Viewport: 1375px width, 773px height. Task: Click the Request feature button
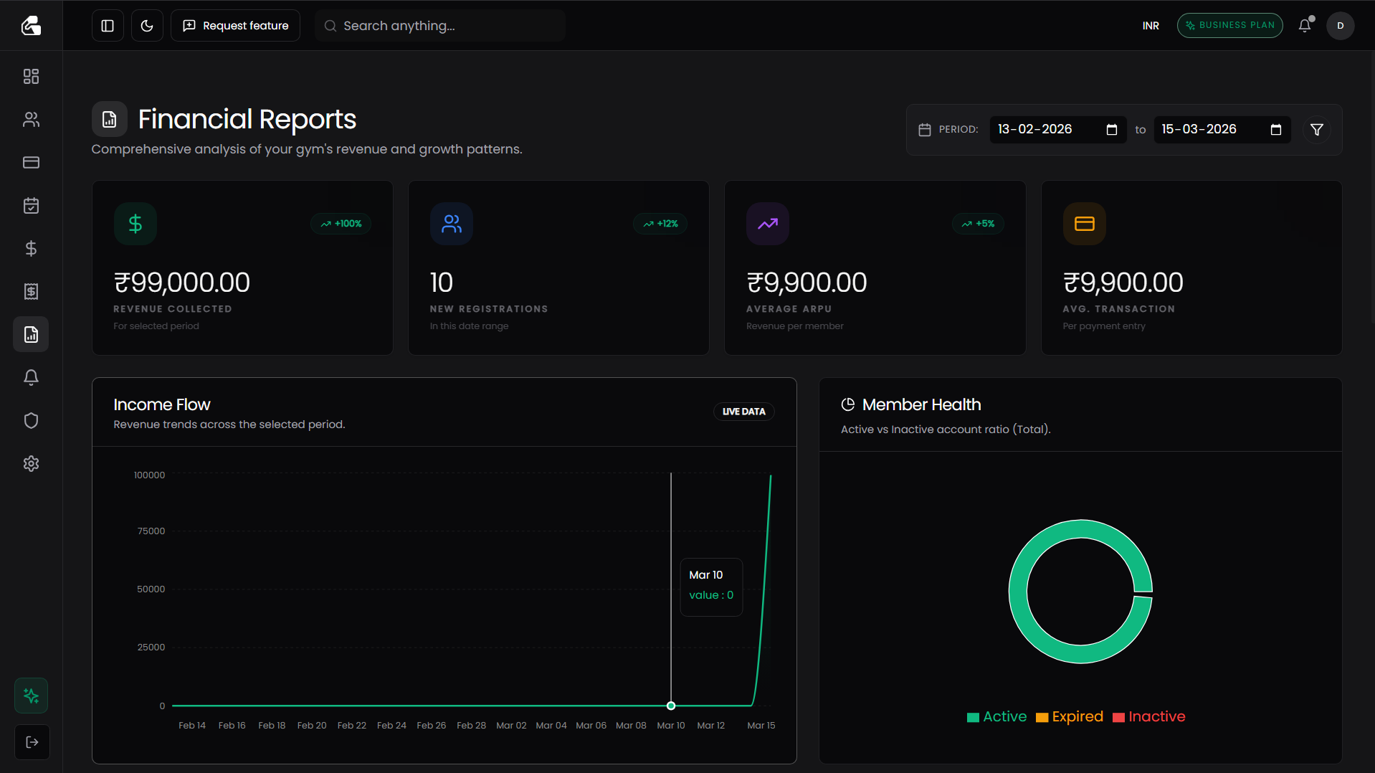[x=235, y=26]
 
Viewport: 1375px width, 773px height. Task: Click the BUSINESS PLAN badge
[x=1229, y=25]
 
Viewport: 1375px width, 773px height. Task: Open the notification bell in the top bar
[x=1305, y=26]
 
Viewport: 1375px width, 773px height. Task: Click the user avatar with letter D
[x=1340, y=26]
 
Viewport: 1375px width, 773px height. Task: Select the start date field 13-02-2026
[x=1047, y=129]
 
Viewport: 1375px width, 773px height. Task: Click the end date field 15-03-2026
[x=1212, y=129]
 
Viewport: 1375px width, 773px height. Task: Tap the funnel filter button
[x=1316, y=130]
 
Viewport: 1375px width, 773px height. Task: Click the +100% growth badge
[x=341, y=224]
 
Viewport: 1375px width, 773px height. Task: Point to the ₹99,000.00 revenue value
[x=182, y=283]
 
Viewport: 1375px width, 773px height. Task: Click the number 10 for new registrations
[x=441, y=283]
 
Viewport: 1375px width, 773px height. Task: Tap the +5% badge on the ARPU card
[x=978, y=224]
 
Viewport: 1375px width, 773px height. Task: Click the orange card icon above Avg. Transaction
[x=1084, y=224]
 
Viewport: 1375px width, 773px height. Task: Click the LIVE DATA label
[x=743, y=412]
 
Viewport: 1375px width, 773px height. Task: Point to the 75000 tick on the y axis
[x=151, y=531]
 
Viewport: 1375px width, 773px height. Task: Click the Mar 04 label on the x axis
[x=551, y=726]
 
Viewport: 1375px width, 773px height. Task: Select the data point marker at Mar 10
[x=671, y=706]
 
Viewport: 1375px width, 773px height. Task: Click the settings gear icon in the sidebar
[x=31, y=464]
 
